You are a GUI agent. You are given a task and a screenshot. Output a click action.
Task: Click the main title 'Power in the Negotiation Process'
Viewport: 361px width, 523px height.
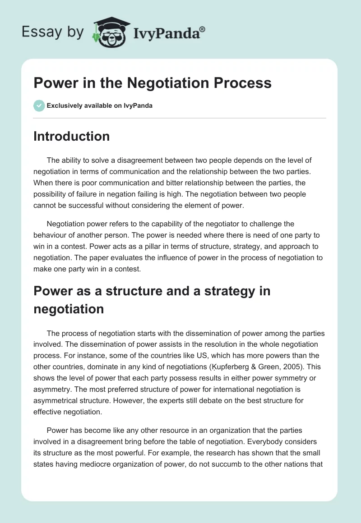[x=153, y=83]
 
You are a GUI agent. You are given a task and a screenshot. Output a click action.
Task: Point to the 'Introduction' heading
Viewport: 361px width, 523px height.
[x=72, y=136]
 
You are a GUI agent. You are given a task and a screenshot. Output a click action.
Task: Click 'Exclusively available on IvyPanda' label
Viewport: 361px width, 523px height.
[x=100, y=106]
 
